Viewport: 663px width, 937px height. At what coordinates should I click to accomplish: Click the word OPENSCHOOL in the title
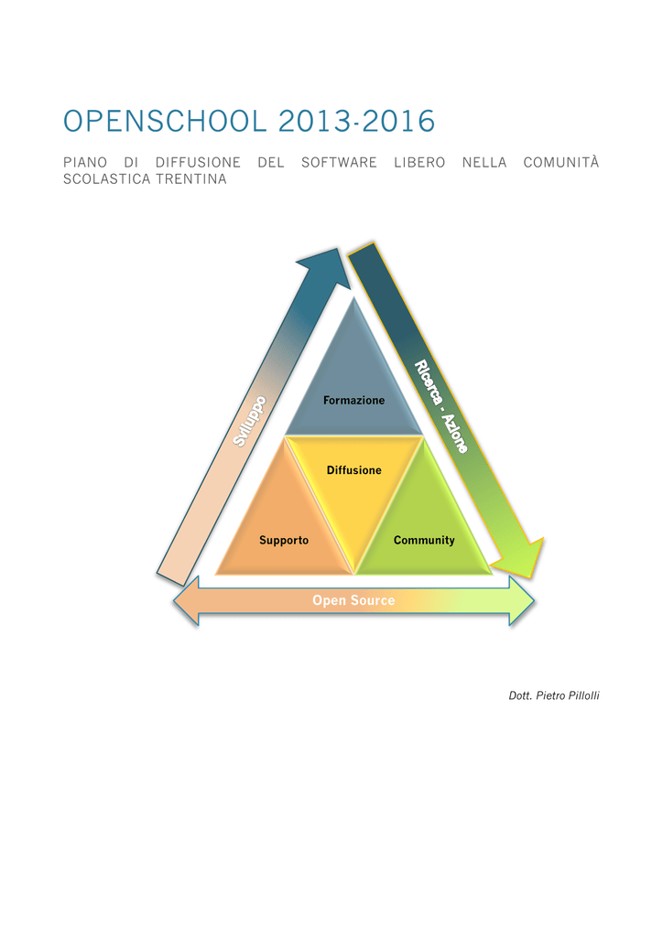pos(165,122)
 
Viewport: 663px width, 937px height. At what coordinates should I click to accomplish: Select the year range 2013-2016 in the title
pos(357,122)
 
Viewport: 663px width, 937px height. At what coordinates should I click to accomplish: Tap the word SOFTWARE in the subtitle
pos(339,163)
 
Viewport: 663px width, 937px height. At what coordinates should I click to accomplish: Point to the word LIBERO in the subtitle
pos(419,163)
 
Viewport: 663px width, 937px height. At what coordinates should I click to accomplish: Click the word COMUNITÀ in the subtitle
pos(560,162)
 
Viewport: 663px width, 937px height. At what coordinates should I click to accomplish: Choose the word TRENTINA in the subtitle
pos(191,179)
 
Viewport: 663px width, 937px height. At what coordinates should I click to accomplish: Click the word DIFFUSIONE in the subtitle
pos(198,163)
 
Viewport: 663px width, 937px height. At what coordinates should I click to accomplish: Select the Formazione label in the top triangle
pos(353,401)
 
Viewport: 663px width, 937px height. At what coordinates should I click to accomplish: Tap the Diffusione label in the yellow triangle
pos(353,470)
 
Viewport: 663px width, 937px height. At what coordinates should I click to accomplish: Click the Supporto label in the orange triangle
pos(284,540)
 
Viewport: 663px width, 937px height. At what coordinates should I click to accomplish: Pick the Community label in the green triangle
pos(424,540)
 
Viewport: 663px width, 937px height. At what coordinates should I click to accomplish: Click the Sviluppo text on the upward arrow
pos(249,421)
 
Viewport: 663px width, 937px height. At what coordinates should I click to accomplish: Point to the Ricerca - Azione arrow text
pos(441,406)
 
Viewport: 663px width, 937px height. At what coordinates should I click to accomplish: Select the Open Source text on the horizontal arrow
pos(353,600)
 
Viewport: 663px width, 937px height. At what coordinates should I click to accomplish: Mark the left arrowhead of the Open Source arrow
pos(186,600)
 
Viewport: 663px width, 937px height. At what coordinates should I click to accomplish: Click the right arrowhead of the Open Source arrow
pos(522,600)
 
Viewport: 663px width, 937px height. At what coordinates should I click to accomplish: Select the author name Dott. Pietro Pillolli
pos(554,695)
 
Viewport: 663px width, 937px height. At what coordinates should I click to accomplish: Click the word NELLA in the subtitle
pos(484,163)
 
